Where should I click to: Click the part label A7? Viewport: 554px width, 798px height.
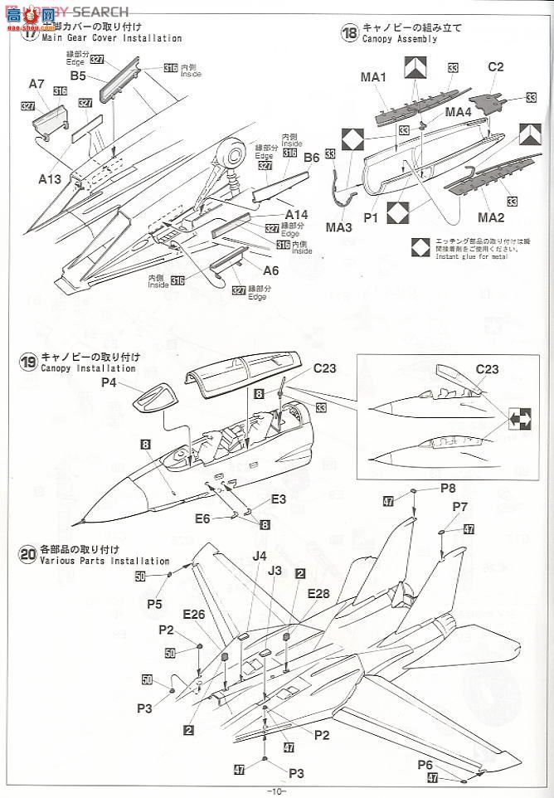pos(36,84)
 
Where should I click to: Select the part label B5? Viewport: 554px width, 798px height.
pos(79,75)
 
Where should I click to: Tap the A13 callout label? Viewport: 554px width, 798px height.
pos(50,178)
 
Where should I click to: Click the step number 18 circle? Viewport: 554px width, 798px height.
pos(349,32)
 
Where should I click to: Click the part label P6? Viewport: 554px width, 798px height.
pos(449,764)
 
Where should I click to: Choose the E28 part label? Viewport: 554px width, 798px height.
pos(318,591)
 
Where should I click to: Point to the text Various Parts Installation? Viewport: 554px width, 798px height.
pos(104,562)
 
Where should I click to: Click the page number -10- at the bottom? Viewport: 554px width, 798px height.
pos(276,791)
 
